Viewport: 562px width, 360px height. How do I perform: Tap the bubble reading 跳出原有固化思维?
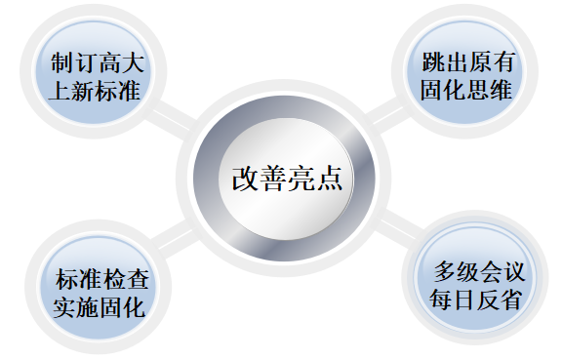(x=465, y=76)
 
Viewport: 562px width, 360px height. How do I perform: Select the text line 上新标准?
(x=96, y=92)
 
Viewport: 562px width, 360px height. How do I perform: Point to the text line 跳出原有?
(x=466, y=62)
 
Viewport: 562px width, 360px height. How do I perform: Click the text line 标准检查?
(x=96, y=277)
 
